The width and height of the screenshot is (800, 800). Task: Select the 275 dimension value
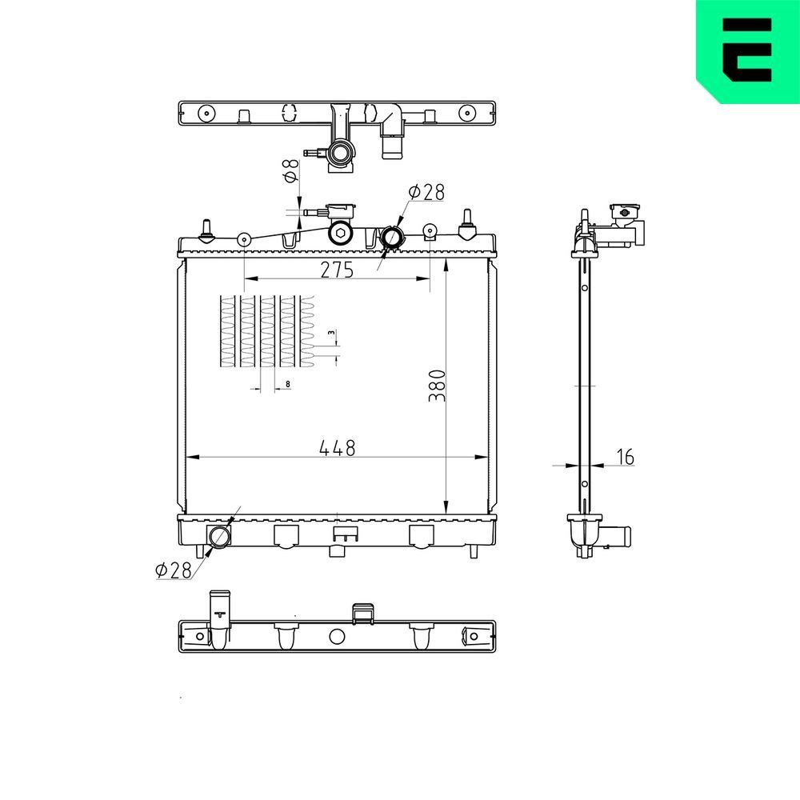coord(337,270)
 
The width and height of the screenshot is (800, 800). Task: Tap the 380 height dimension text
coord(435,385)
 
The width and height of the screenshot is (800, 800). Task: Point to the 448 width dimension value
coord(337,448)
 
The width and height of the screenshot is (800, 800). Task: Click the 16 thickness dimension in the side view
coord(625,457)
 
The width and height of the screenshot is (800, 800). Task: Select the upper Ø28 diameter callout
coord(426,192)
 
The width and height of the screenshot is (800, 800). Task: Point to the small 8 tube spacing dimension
coord(286,385)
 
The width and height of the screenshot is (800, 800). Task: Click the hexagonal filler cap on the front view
coord(342,233)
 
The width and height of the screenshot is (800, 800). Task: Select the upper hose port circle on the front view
coord(393,238)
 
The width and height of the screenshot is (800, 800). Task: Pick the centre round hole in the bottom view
coord(337,637)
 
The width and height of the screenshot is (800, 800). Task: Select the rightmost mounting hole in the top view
coord(466,113)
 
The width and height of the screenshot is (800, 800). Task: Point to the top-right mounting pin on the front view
coord(466,226)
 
